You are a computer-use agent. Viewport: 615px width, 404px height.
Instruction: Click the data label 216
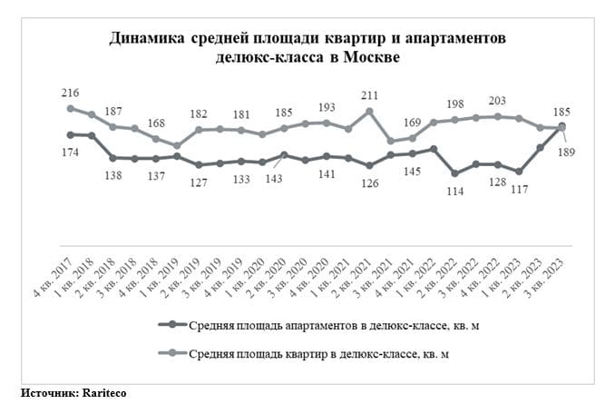click(70, 93)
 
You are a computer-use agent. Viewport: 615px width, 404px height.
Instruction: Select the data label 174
click(70, 153)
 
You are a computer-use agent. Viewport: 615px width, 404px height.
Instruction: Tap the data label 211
click(369, 95)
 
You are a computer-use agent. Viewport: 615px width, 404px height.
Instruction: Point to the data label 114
click(455, 192)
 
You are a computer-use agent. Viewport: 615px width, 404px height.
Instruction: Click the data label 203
click(497, 101)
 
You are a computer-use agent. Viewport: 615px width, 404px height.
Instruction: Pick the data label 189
click(566, 152)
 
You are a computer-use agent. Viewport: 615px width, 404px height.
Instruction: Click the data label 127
click(199, 182)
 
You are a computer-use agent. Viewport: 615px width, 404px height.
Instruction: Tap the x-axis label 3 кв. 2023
click(545, 277)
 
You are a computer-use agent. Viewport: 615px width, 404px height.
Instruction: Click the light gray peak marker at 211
click(369, 112)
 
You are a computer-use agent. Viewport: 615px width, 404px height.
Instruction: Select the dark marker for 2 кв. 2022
click(455, 173)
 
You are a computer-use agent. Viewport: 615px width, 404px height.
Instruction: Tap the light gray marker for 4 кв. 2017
click(71, 109)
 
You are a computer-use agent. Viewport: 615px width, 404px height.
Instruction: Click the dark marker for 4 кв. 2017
click(71, 135)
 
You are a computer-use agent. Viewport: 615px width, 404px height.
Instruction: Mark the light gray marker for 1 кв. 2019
click(177, 145)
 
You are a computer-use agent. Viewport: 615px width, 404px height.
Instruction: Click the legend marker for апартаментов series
click(172, 324)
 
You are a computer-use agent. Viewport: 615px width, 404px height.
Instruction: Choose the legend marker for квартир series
click(172, 352)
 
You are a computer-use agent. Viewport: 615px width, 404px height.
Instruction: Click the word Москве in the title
click(372, 57)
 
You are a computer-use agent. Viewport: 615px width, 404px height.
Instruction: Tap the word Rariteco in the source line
click(104, 392)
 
